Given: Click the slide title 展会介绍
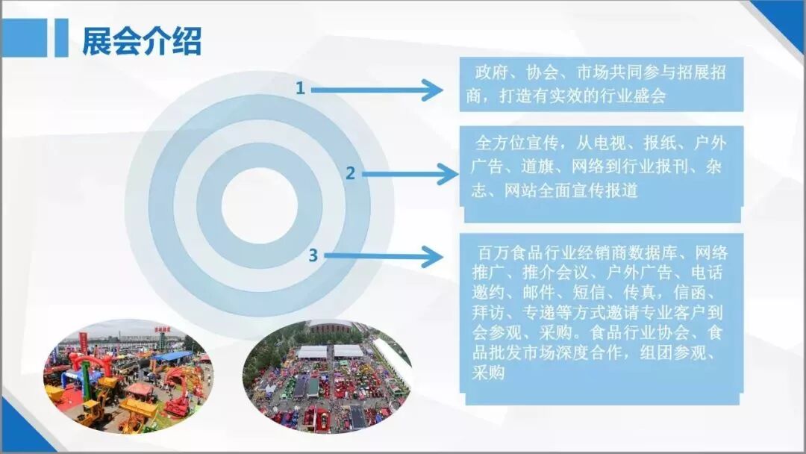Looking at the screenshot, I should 142,41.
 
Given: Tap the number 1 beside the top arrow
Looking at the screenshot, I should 300,89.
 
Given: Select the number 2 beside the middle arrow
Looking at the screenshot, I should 350,174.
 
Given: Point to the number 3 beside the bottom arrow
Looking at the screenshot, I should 313,256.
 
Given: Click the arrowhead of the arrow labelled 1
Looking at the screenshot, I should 432,90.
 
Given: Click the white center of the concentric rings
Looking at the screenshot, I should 259,202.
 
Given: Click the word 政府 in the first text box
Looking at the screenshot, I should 492,74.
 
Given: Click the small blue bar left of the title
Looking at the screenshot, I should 61,38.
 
